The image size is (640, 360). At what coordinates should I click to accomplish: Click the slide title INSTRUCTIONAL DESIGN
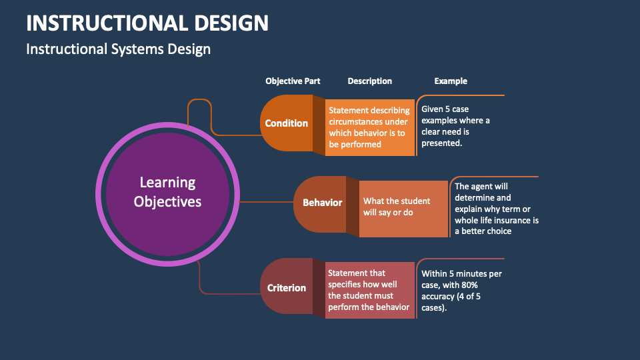pyautogui.click(x=147, y=23)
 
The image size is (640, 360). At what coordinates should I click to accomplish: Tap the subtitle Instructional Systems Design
pyautogui.click(x=118, y=49)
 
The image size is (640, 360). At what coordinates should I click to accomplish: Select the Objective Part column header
pyautogui.click(x=293, y=81)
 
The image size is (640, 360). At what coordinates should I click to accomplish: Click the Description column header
pyautogui.click(x=369, y=81)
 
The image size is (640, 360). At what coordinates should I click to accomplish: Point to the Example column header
pyautogui.click(x=451, y=81)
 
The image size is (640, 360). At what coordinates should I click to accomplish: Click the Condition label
pyautogui.click(x=287, y=123)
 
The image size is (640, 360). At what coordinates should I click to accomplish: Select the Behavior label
pyautogui.click(x=322, y=203)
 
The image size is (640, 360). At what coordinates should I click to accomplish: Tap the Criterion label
pyautogui.click(x=287, y=288)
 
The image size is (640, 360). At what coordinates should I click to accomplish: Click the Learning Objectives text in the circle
pyautogui.click(x=167, y=192)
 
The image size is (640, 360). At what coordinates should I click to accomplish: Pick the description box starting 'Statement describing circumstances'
pyautogui.click(x=369, y=127)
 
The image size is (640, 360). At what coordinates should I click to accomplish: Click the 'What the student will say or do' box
pyautogui.click(x=403, y=207)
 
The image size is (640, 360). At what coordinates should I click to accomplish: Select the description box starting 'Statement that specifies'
pyautogui.click(x=369, y=290)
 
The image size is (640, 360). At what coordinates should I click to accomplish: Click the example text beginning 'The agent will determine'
pyautogui.click(x=496, y=209)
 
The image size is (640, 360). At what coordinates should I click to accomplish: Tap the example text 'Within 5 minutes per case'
pyautogui.click(x=461, y=291)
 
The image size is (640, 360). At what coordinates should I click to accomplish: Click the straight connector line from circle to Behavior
pyautogui.click(x=267, y=201)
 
